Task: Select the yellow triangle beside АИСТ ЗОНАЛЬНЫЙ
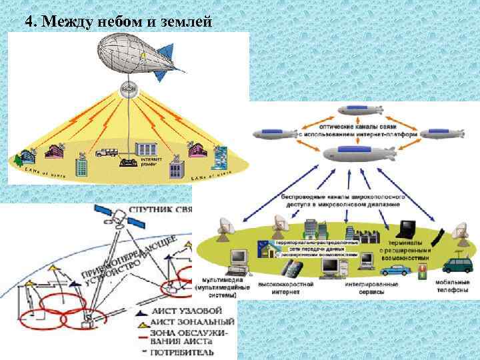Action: pyautogui.click(x=143, y=323)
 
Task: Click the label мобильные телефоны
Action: pyautogui.click(x=451, y=288)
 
